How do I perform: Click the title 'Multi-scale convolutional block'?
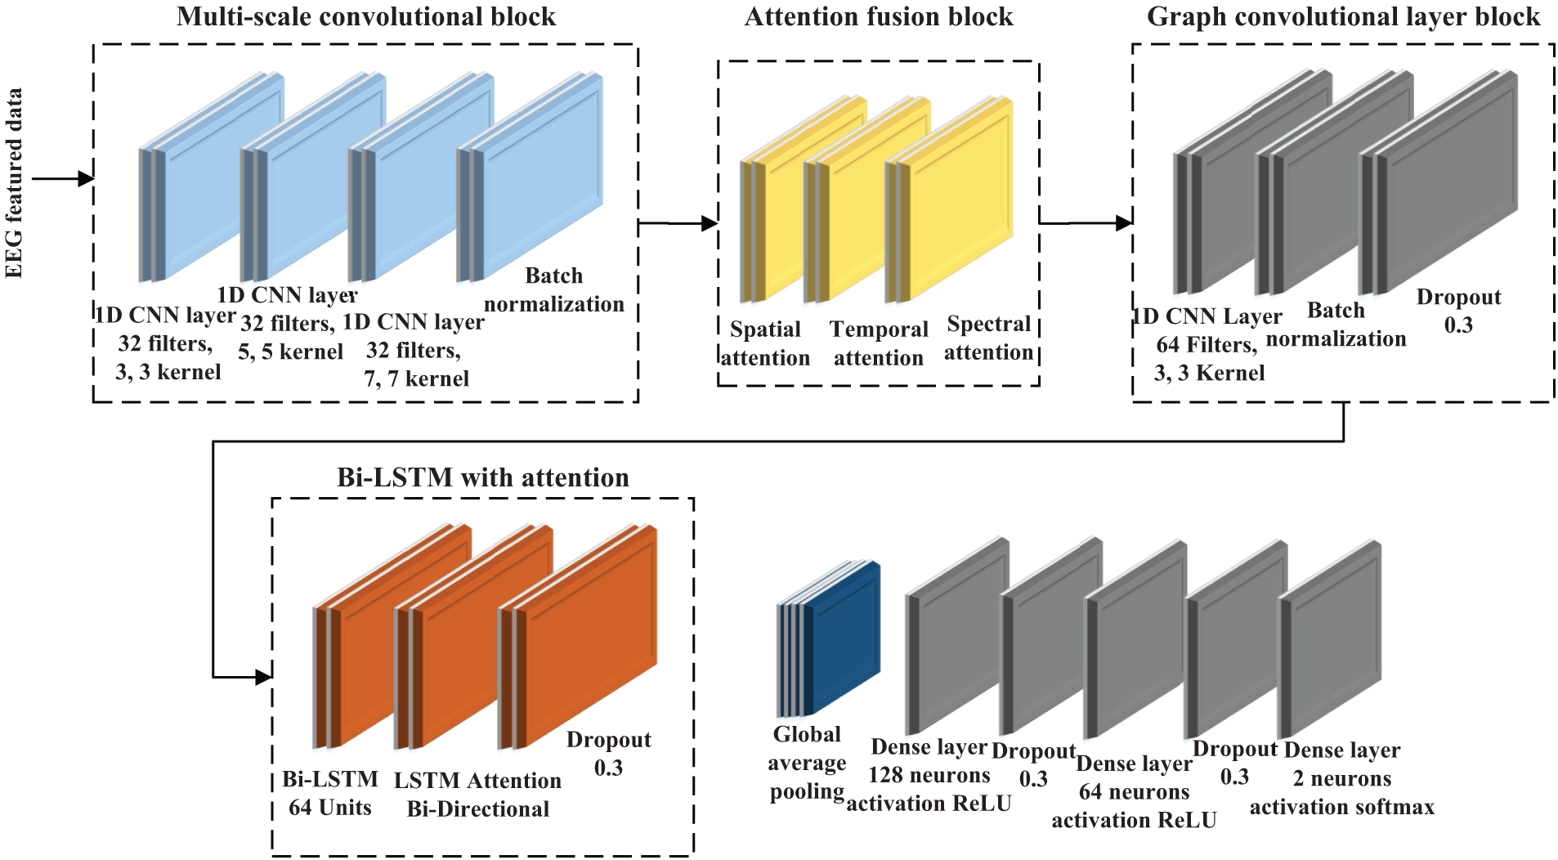(x=365, y=17)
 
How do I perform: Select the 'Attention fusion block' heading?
(x=878, y=17)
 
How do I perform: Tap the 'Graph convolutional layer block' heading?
(x=1342, y=17)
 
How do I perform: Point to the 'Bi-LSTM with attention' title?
(x=482, y=477)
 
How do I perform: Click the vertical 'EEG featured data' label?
(x=15, y=183)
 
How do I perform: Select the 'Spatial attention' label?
(x=764, y=343)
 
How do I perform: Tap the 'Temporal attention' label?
(x=878, y=343)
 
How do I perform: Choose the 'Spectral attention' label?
(x=988, y=338)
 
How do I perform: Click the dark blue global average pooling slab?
(x=842, y=638)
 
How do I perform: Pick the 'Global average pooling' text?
(x=807, y=763)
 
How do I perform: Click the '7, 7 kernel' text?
(x=416, y=378)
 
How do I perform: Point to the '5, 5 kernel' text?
(x=290, y=352)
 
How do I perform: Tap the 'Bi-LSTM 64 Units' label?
(x=329, y=793)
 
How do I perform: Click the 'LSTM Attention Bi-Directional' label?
(x=477, y=795)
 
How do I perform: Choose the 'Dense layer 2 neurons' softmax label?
(x=1341, y=778)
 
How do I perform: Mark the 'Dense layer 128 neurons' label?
(x=929, y=775)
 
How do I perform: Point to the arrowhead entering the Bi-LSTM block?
(x=263, y=677)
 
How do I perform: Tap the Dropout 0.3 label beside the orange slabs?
(x=608, y=753)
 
